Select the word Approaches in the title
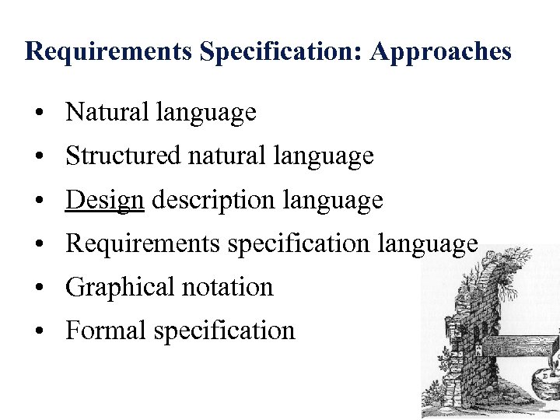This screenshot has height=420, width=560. [441, 52]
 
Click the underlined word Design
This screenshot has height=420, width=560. [105, 201]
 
